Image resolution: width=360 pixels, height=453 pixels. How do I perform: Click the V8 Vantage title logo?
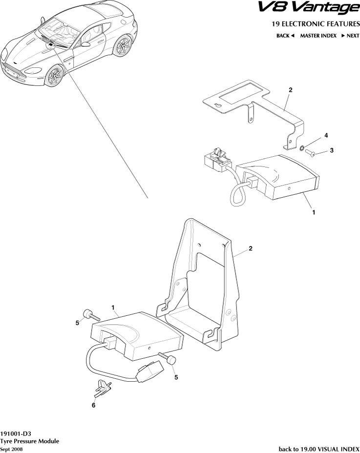308,8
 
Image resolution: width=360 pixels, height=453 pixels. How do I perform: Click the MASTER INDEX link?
318,36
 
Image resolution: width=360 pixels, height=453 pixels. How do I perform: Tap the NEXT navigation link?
350,36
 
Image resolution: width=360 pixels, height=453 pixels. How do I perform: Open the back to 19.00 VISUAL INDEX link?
318,449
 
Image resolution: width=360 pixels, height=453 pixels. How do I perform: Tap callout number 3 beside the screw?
332,150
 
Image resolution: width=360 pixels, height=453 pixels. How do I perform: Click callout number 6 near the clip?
93,405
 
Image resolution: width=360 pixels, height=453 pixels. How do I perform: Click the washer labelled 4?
302,148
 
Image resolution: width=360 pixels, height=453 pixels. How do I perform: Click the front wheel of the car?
55,77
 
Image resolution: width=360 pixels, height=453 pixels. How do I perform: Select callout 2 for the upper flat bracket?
290,90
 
